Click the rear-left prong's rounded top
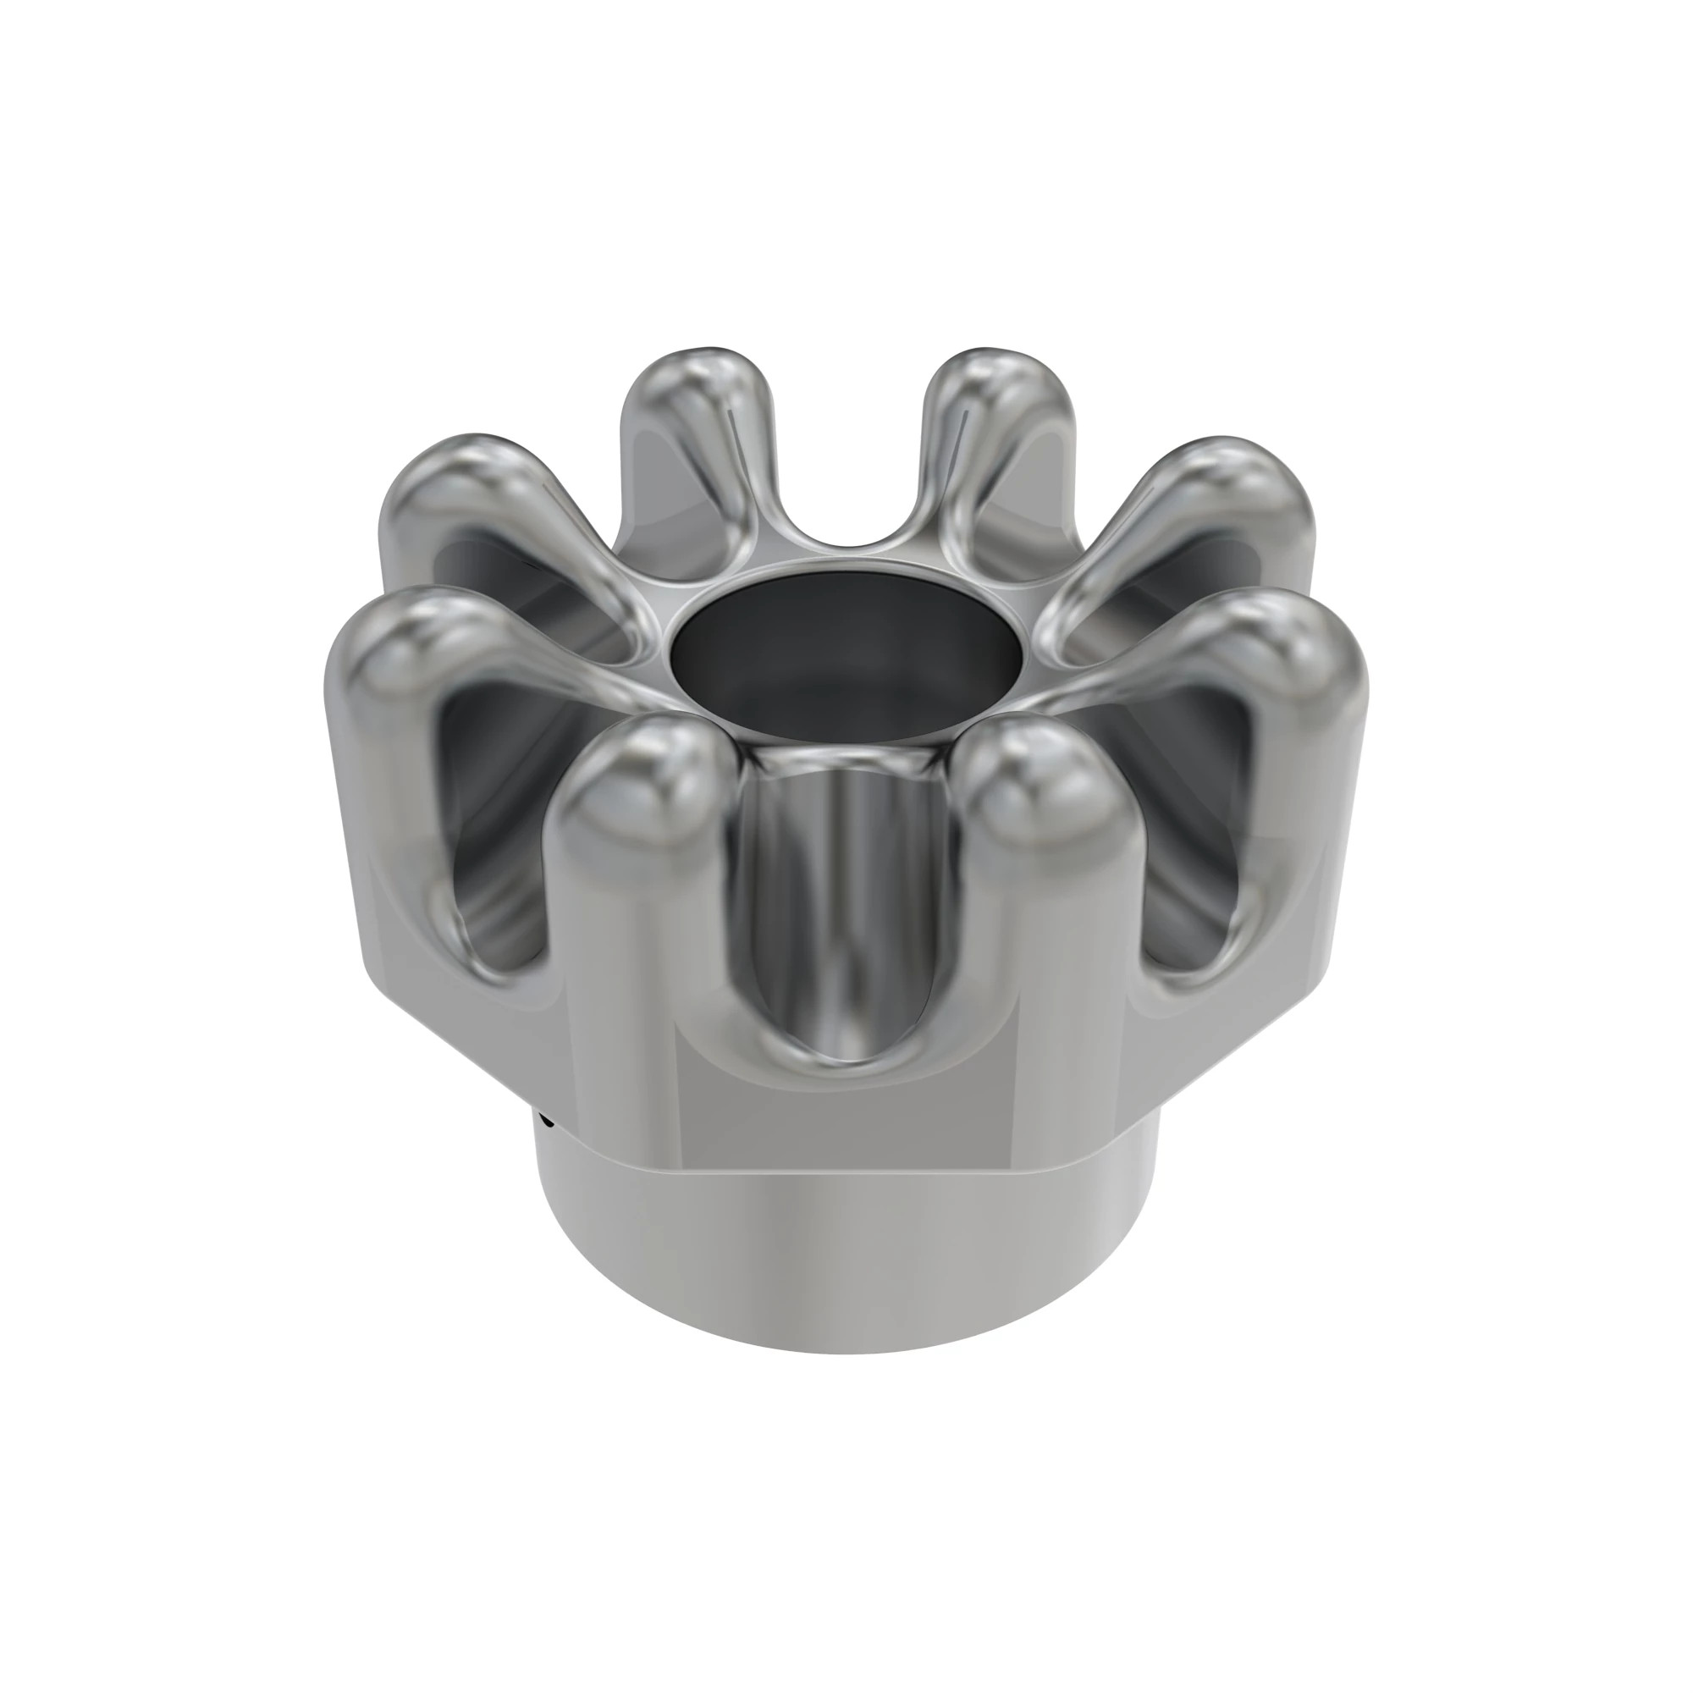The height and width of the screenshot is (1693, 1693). point(701,385)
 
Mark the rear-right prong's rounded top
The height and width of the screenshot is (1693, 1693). point(999,385)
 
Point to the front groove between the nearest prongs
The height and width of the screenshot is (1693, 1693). point(841,920)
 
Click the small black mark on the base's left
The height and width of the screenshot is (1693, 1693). point(547,1119)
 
